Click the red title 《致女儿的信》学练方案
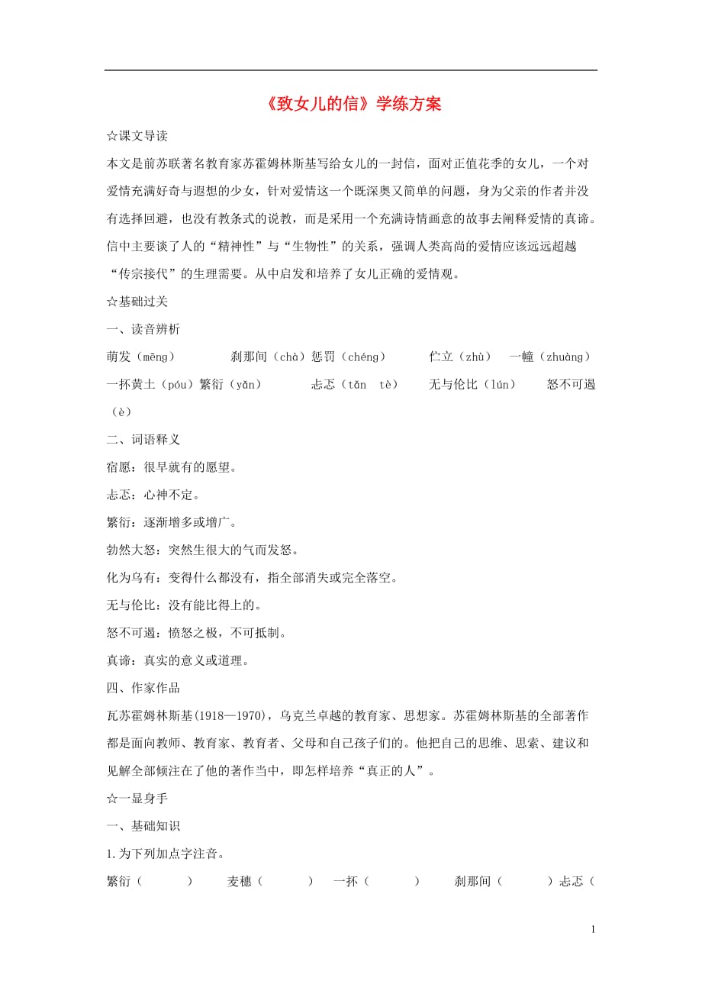tap(351, 105)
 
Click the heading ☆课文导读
tap(137, 136)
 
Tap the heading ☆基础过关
tap(137, 302)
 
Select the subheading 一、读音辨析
tap(143, 329)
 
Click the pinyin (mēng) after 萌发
tap(159, 357)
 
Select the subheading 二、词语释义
tap(143, 440)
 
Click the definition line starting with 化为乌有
tap(252, 578)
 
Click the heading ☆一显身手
tap(137, 799)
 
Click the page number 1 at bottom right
tap(593, 930)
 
